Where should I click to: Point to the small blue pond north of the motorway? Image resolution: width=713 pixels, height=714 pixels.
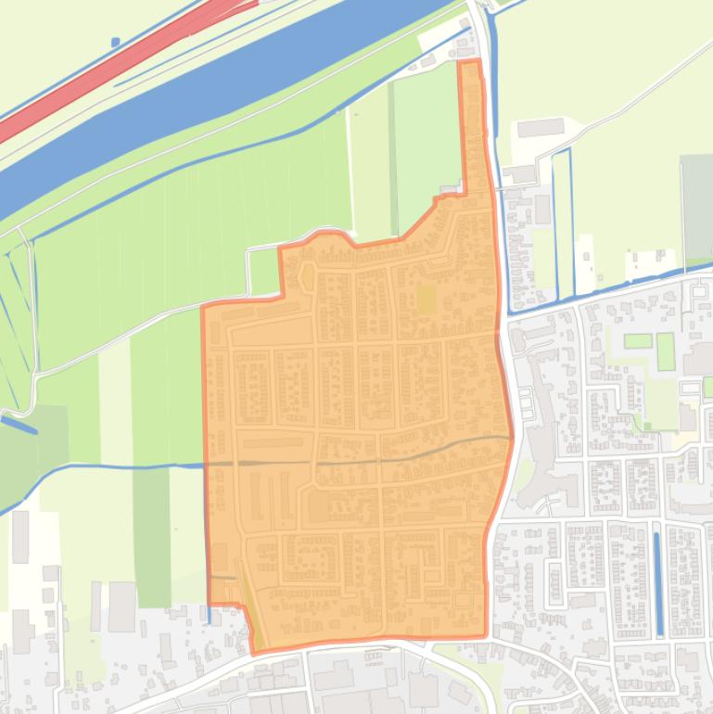pyautogui.click(x=115, y=42)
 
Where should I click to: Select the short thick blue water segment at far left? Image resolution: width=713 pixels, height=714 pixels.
pyautogui.click(x=19, y=424)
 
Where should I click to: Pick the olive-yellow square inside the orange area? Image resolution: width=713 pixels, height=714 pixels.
pyautogui.click(x=426, y=300)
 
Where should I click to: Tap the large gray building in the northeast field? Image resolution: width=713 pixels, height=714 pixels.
pyautogui.click(x=541, y=127)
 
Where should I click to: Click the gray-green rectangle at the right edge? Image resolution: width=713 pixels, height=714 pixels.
pyautogui.click(x=696, y=209)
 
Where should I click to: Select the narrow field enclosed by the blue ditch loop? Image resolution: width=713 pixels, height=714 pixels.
pyautogui.click(x=563, y=223)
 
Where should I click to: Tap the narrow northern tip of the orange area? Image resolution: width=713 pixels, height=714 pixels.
pyautogui.click(x=471, y=83)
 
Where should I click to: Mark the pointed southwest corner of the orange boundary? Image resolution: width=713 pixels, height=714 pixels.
pyautogui.click(x=254, y=652)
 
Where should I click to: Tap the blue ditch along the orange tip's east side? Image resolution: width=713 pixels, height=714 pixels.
pyautogui.click(x=493, y=111)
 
